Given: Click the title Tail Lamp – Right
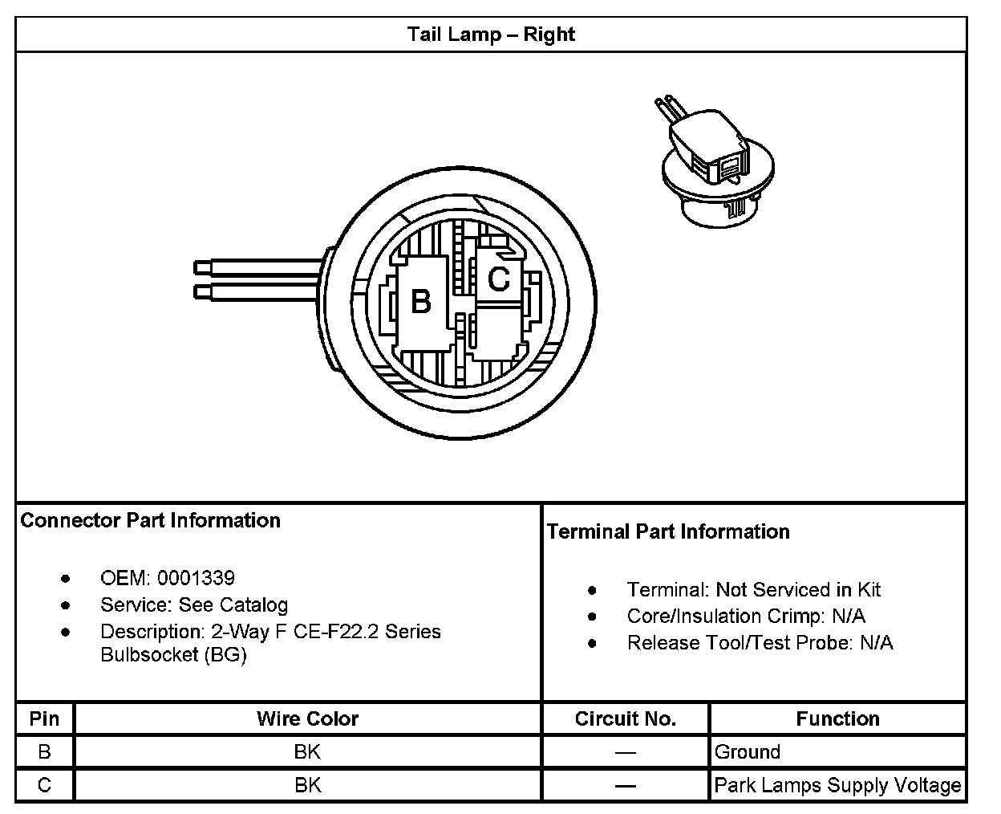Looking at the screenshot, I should pyautogui.click(x=491, y=35).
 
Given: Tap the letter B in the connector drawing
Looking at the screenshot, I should pyautogui.click(x=421, y=301).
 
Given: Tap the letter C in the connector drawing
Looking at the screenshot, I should pyautogui.click(x=498, y=279).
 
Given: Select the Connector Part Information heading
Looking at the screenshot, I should pyautogui.click(x=151, y=520).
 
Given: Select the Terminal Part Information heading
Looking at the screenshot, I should pyautogui.click(x=668, y=531).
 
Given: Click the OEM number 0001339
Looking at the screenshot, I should pyautogui.click(x=196, y=578).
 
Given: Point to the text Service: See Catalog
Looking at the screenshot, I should pyautogui.click(x=194, y=604).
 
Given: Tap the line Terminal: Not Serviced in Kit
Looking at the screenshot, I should pyautogui.click(x=753, y=590).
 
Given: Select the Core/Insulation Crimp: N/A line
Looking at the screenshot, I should pyautogui.click(x=746, y=617).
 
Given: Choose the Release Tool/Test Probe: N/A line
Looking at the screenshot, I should pyautogui.click(x=760, y=643).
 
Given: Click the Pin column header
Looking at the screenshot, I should pyautogui.click(x=44, y=718).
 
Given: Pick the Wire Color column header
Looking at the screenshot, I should pyautogui.click(x=307, y=718).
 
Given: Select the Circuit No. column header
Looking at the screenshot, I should pyautogui.click(x=626, y=718).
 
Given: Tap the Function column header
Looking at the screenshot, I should pyautogui.click(x=837, y=718).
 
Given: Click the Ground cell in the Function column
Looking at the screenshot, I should pyautogui.click(x=748, y=752).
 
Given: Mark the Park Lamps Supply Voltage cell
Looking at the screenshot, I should pyautogui.click(x=837, y=785).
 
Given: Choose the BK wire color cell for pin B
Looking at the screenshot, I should pyautogui.click(x=307, y=752).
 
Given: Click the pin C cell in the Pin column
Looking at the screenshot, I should pyautogui.click(x=44, y=785).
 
